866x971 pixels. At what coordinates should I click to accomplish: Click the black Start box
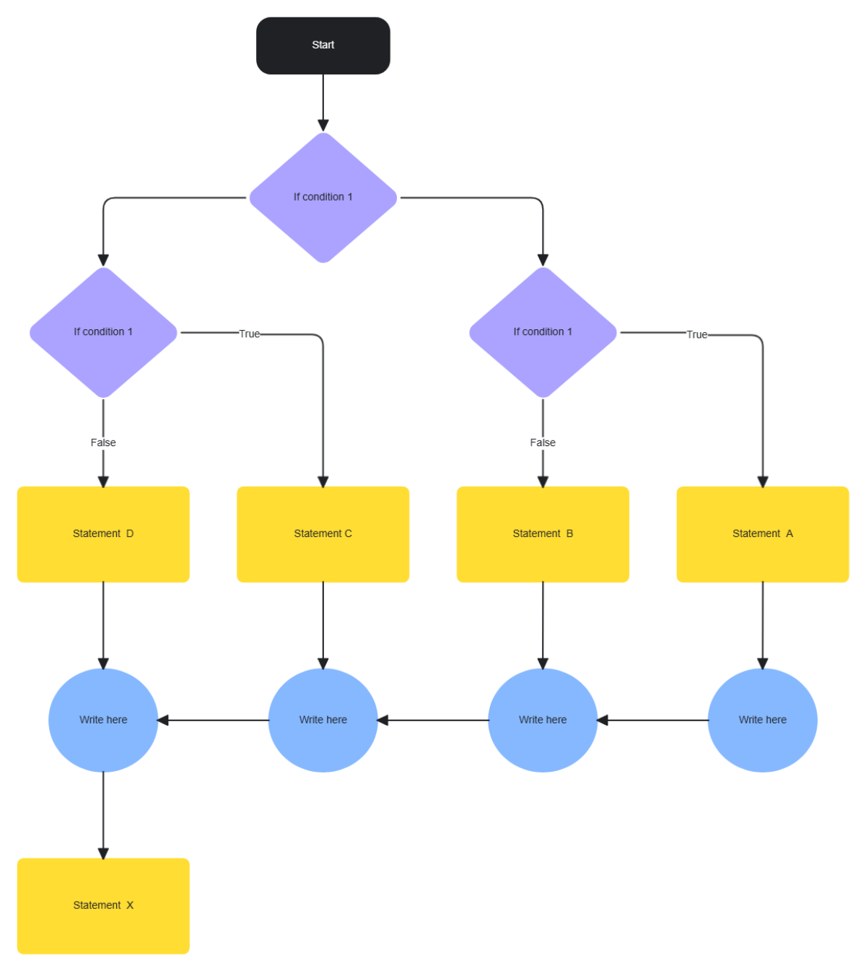click(x=323, y=45)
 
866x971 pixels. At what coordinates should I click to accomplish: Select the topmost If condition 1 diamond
click(x=323, y=197)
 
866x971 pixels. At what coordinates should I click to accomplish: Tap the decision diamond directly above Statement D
click(x=103, y=332)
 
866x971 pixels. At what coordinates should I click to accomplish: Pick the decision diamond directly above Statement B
click(x=543, y=332)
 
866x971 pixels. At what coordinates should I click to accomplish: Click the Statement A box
click(x=762, y=534)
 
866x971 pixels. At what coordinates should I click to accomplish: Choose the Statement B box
click(x=543, y=534)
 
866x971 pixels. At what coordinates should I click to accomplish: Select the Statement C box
click(x=323, y=534)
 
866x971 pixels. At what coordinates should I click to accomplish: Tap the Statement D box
click(x=103, y=534)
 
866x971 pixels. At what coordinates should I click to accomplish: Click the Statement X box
click(x=103, y=905)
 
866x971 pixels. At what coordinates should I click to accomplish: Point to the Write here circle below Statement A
click(x=762, y=720)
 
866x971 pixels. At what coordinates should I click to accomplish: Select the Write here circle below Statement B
click(x=543, y=720)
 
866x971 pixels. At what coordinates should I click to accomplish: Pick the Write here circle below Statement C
click(x=323, y=720)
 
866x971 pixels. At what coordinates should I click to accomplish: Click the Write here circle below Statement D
click(x=103, y=720)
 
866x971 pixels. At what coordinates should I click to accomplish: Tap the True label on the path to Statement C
click(x=249, y=334)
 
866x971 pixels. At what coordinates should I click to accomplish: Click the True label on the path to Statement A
click(x=696, y=334)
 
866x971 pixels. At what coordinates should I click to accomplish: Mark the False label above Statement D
click(x=103, y=443)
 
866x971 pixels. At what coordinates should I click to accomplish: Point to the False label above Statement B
click(x=543, y=443)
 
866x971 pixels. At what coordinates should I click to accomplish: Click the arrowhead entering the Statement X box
click(x=103, y=853)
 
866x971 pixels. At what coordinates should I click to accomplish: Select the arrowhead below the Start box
click(x=323, y=126)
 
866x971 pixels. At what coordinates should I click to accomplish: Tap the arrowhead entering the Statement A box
click(x=762, y=482)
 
